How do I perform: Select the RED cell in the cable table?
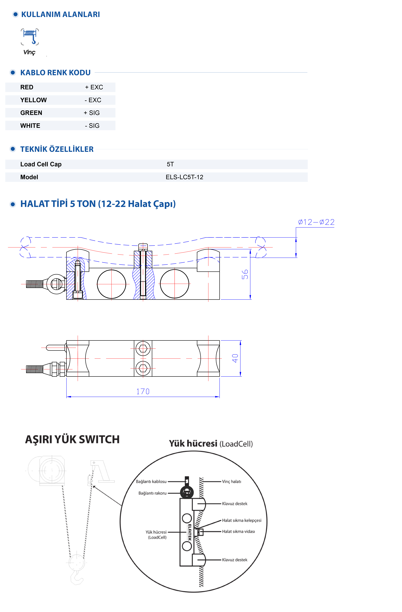(x=27, y=87)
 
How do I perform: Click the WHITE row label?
(x=30, y=126)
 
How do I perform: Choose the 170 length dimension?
(x=143, y=391)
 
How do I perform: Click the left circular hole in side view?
(x=111, y=284)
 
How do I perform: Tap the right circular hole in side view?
(x=174, y=284)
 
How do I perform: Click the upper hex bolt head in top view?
(x=143, y=349)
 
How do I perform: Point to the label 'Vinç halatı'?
(x=232, y=482)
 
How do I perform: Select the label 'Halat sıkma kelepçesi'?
(x=241, y=520)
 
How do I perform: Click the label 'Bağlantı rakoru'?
(x=152, y=493)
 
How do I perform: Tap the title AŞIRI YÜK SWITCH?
(x=72, y=439)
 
